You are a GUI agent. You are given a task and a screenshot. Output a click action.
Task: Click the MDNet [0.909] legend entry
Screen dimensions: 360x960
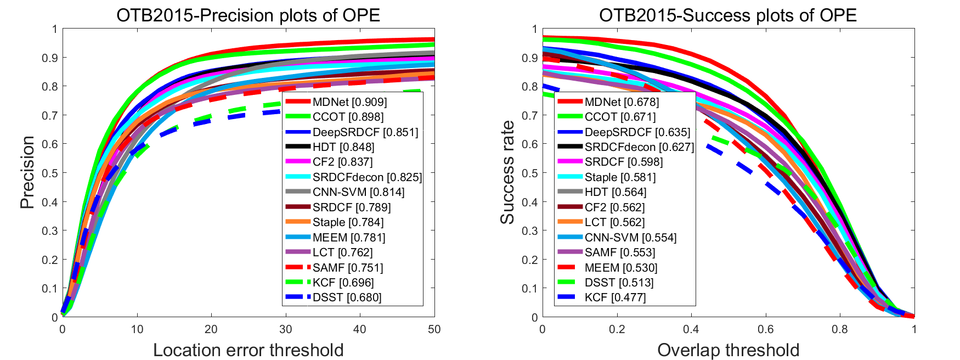point(349,102)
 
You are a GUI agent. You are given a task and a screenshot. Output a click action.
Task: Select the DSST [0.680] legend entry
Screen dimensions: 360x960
point(347,297)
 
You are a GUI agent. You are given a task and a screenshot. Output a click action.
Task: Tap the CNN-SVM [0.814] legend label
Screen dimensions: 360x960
point(358,192)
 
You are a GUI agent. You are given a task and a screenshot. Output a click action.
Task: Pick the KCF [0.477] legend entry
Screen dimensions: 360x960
point(615,297)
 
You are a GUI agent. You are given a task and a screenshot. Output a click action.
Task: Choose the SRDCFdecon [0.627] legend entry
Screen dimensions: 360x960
point(639,147)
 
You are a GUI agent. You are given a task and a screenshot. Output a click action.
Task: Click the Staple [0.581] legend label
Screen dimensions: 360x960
point(620,177)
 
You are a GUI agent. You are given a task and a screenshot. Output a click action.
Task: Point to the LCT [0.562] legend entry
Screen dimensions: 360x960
point(614,222)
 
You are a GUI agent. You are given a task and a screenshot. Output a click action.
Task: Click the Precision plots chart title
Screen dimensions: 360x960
point(248,15)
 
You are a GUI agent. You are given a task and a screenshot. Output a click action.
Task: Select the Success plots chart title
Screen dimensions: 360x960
point(727,15)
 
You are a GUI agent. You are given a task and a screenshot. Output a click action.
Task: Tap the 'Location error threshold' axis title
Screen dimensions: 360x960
point(248,350)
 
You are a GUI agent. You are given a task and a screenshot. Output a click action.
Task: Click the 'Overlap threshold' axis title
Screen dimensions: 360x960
point(728,350)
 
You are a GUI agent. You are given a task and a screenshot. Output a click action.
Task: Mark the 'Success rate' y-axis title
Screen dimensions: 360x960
point(507,172)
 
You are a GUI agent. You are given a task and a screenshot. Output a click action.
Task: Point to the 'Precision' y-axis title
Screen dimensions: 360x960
point(27,172)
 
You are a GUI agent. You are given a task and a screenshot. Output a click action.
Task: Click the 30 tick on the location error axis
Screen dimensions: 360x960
point(285,329)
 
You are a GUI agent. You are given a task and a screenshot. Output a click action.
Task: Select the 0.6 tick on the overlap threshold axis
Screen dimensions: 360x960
point(765,329)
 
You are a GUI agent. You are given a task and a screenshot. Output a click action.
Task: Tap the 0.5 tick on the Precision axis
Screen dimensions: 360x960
point(50,173)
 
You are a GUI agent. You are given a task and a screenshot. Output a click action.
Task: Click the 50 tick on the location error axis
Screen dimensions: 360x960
point(434,329)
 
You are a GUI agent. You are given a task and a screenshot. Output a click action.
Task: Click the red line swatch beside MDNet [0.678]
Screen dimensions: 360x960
point(569,102)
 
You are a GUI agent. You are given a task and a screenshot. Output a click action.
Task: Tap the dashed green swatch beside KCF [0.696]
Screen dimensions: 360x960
point(297,283)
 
